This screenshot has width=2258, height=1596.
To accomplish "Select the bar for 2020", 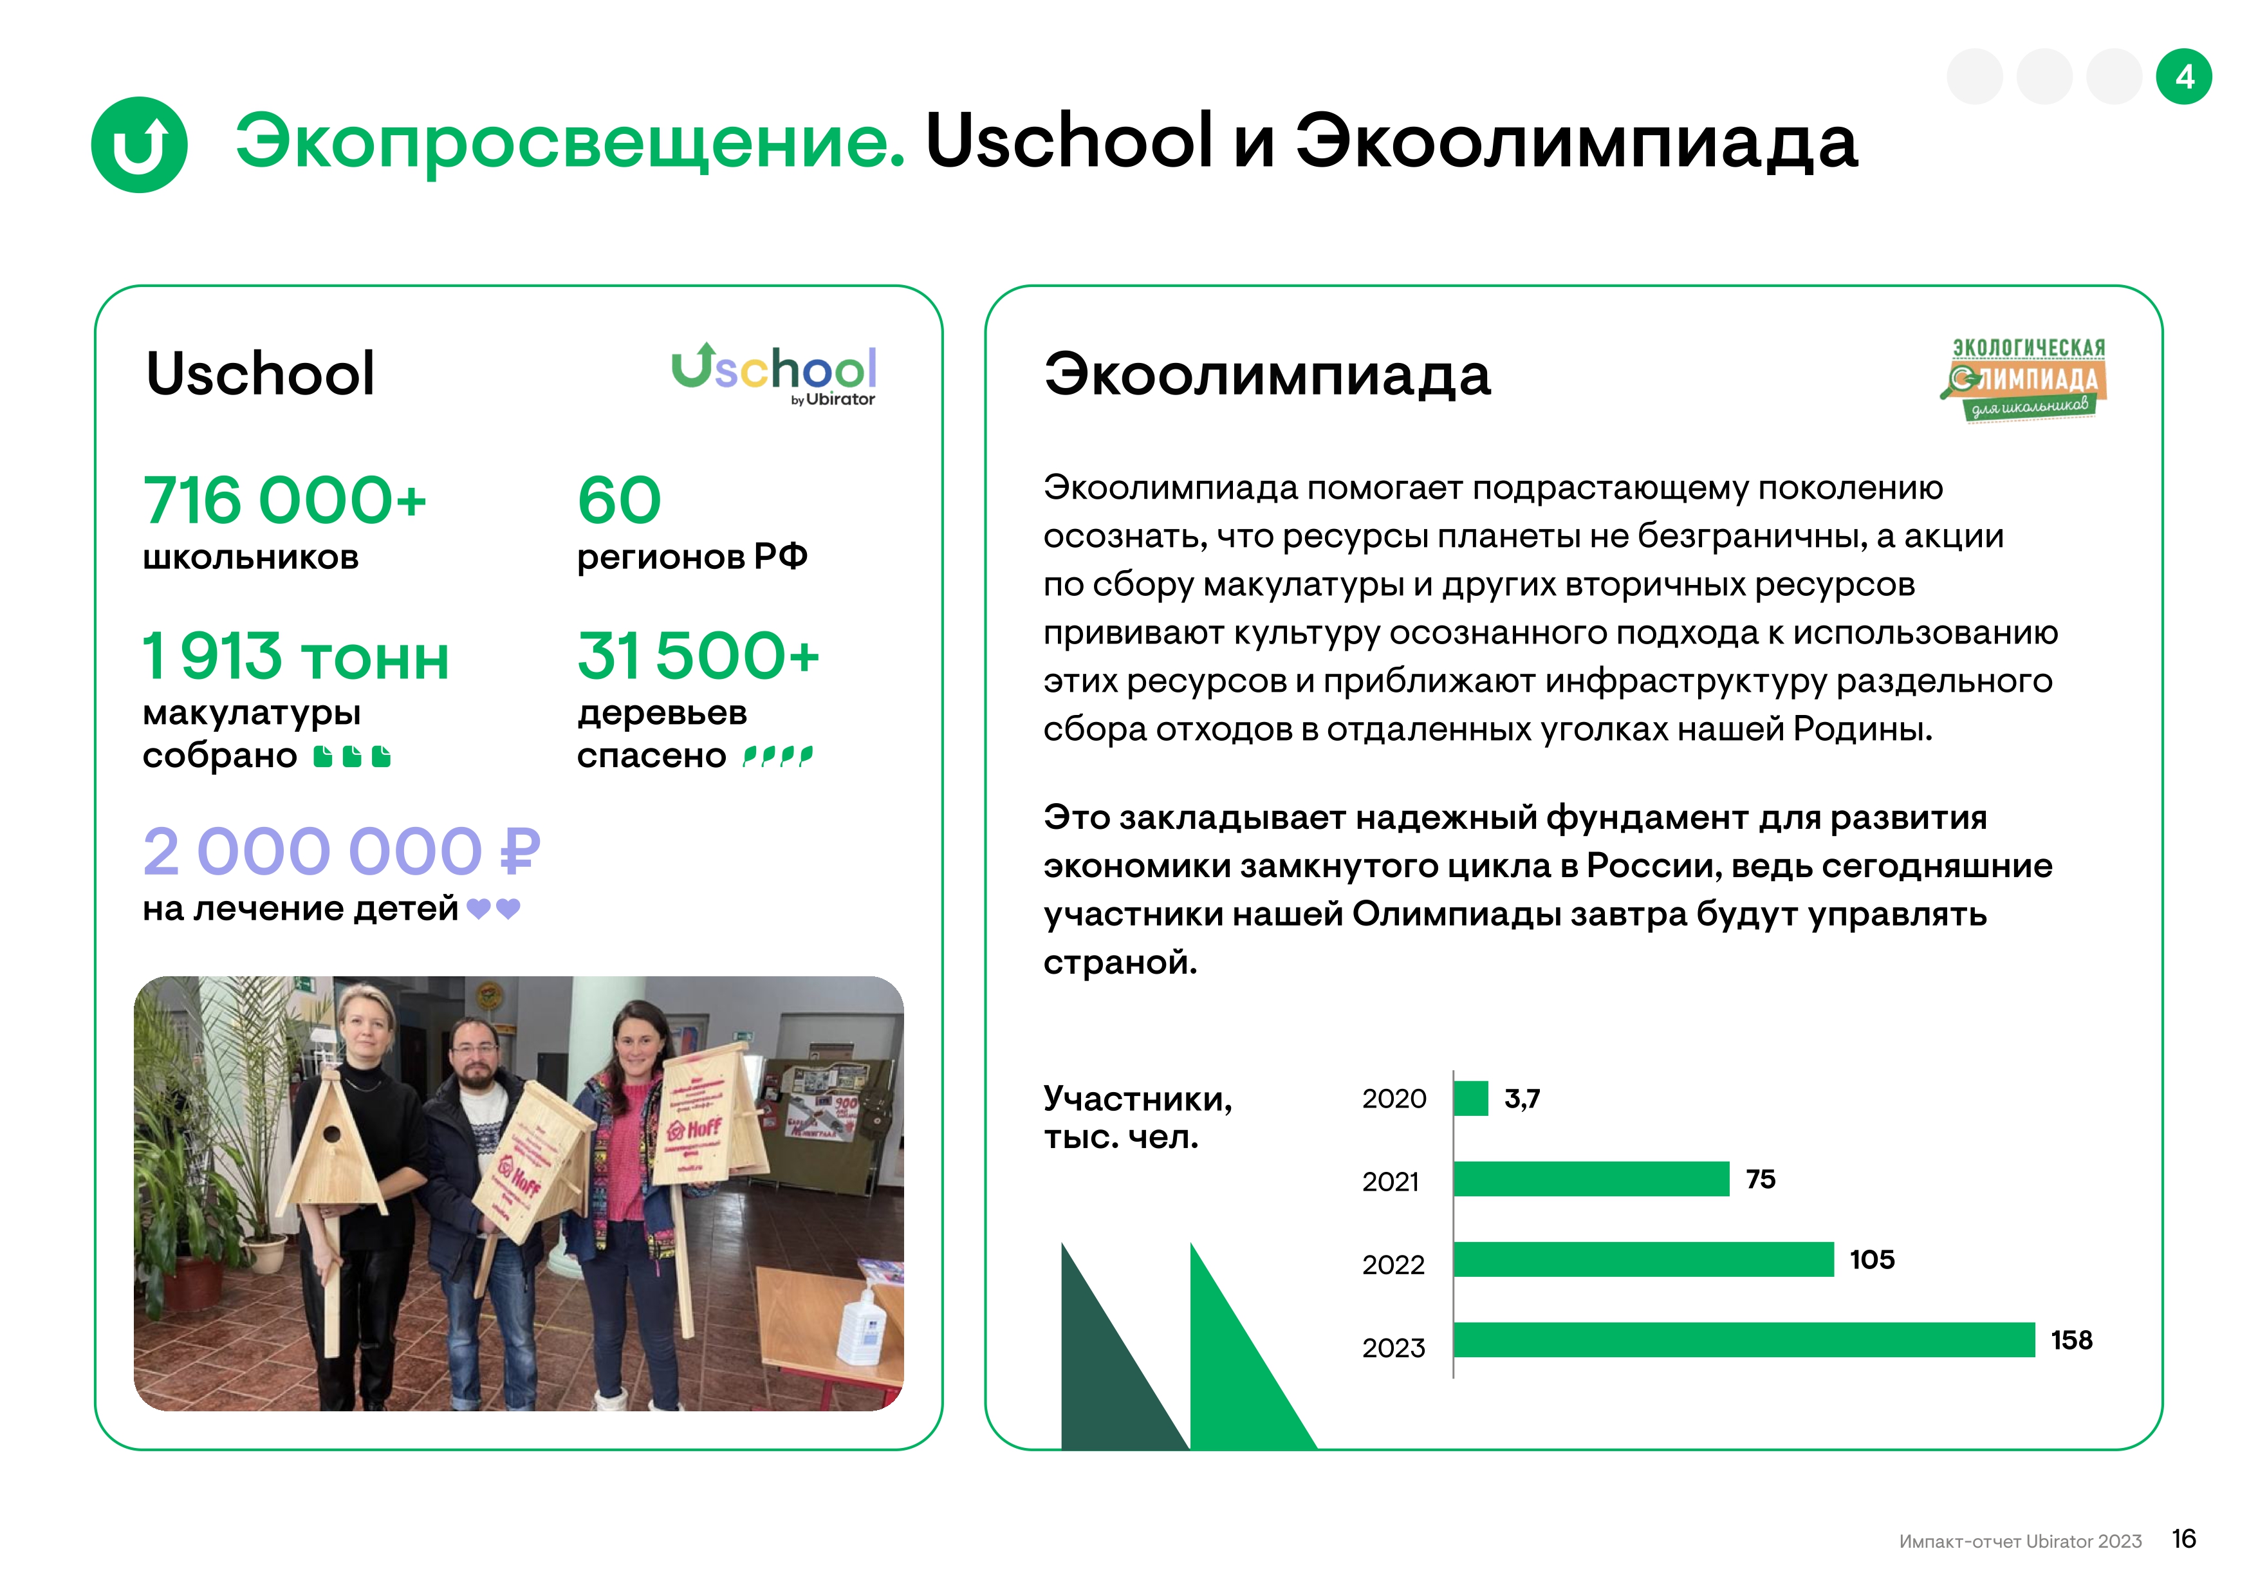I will pos(1471,1099).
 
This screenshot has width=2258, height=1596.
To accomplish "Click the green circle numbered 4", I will pos(2183,77).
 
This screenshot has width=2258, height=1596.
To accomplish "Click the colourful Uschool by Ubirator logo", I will pos(774,374).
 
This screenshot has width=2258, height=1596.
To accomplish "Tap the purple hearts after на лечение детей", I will pos(494,909).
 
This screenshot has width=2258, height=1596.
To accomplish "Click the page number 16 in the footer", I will pos(2183,1539).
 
